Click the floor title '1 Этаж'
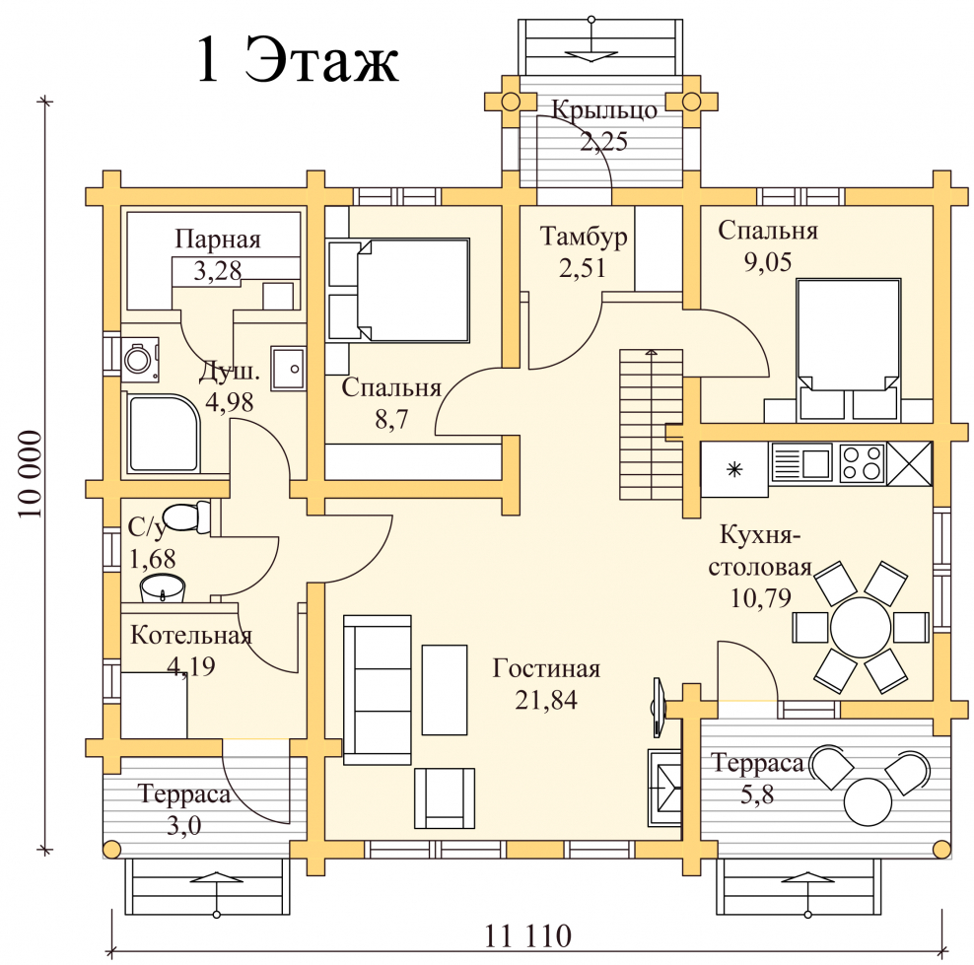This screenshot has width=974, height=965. click(x=297, y=58)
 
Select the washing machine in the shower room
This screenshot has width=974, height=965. click(x=140, y=359)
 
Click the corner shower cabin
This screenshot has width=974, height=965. click(x=164, y=434)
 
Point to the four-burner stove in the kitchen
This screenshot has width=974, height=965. click(x=863, y=463)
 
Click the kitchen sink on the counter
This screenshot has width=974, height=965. click(x=801, y=462)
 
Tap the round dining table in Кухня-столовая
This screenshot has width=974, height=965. click(x=861, y=627)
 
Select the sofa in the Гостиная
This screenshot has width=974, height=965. click(x=377, y=689)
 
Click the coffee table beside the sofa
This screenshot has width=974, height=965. click(x=445, y=690)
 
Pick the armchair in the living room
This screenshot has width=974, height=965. click(x=445, y=798)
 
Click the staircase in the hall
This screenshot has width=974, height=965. click(x=651, y=425)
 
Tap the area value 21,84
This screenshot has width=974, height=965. click(x=546, y=700)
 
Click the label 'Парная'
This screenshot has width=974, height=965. click(x=218, y=240)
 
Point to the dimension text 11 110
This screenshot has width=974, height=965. click(x=527, y=935)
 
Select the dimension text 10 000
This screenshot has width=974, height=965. click(x=30, y=475)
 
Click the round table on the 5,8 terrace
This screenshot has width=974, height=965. click(x=869, y=801)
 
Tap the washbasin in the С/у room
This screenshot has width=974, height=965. click(x=163, y=588)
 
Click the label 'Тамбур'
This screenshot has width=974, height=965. click(x=584, y=237)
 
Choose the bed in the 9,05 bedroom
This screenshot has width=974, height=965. click(x=849, y=350)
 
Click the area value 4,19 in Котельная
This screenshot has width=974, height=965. click(x=191, y=666)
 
